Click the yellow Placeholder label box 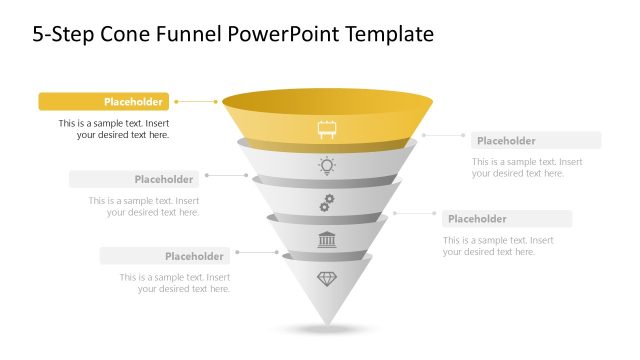104,101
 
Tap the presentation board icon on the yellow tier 327,129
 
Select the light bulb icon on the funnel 327,166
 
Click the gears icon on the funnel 327,203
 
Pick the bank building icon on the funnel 327,240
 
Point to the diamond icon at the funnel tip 327,278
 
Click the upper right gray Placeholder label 536,141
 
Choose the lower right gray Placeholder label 507,219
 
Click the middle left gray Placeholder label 134,179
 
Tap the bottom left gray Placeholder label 164,256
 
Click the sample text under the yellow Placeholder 114,129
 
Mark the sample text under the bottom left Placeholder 176,283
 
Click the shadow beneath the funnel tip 327,329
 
